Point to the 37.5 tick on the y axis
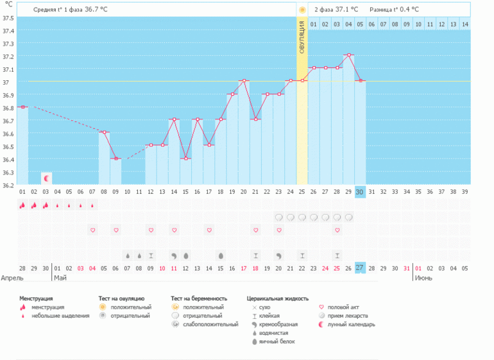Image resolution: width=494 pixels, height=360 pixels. coord(7,18)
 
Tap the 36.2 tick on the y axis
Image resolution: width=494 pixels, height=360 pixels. coord(7,185)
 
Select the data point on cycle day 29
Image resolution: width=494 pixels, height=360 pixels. coord(348,55)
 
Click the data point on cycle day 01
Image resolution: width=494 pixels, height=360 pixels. coord(22,107)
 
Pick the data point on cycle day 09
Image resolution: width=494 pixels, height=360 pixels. coord(115,159)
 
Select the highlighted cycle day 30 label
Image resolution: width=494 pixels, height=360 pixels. coord(360,192)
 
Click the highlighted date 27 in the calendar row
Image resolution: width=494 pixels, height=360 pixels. coord(360,268)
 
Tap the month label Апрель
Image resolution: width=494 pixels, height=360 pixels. coord(12,278)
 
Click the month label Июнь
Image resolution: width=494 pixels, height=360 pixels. coord(423,278)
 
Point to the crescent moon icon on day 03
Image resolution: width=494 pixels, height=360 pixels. coord(46,177)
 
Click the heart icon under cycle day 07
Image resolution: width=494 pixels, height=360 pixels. coord(92,230)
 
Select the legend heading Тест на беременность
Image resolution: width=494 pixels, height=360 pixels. coord(200,298)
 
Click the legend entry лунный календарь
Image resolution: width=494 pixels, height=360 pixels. coord(351,324)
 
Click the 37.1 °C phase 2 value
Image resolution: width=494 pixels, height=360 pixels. coord(347,10)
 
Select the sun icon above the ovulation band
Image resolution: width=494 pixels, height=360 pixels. coord(302,10)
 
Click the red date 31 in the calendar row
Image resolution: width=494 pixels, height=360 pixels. coord(407,268)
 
